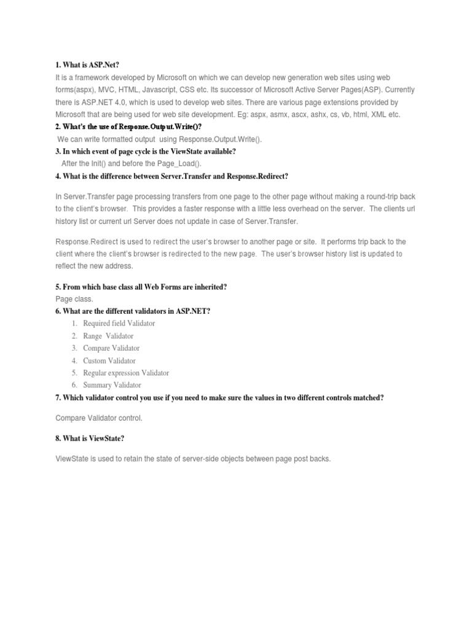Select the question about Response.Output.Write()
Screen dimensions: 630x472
[x=128, y=127]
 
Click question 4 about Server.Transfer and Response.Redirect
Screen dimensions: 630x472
[x=171, y=177]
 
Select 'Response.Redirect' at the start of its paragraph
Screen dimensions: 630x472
[x=85, y=242]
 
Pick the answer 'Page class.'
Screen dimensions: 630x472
[x=74, y=299]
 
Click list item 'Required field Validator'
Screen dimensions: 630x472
[x=119, y=324]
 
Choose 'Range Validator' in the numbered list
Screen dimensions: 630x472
[x=108, y=336]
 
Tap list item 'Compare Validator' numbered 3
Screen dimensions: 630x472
[x=112, y=348]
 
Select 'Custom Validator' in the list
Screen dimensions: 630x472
[x=109, y=361]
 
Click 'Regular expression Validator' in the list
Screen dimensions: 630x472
[x=126, y=373]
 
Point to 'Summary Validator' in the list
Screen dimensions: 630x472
[x=112, y=385]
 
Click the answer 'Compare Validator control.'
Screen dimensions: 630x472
[x=99, y=418]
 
